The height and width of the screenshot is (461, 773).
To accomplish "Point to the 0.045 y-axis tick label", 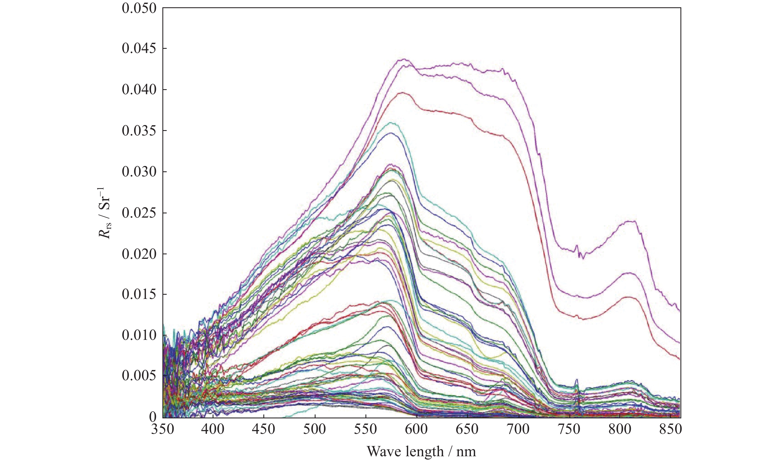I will coord(139,49).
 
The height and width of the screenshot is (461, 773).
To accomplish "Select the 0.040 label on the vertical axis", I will coord(139,90).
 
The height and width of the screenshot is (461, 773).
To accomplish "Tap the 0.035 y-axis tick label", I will coord(139,131).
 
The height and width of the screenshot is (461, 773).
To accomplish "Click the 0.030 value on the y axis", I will coord(139,172).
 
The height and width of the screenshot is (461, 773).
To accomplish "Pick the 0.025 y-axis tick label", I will coord(139,213).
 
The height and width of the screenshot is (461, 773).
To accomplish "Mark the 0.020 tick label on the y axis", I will coord(139,254).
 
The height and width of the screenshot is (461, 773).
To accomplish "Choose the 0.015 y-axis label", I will coord(139,294).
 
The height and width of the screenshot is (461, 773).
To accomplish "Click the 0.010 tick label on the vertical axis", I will coord(139,335).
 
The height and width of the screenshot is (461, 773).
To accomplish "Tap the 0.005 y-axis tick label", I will coord(139,376).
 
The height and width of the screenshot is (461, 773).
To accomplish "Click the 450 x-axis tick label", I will coord(263,429).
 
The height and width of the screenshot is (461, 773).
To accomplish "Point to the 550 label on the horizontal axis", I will coord(366,429).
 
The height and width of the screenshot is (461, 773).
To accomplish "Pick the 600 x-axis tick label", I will coord(417,429).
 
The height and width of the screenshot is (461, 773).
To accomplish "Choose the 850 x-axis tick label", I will coord(670,429).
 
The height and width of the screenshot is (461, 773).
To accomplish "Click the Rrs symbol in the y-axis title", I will coord(105,230).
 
